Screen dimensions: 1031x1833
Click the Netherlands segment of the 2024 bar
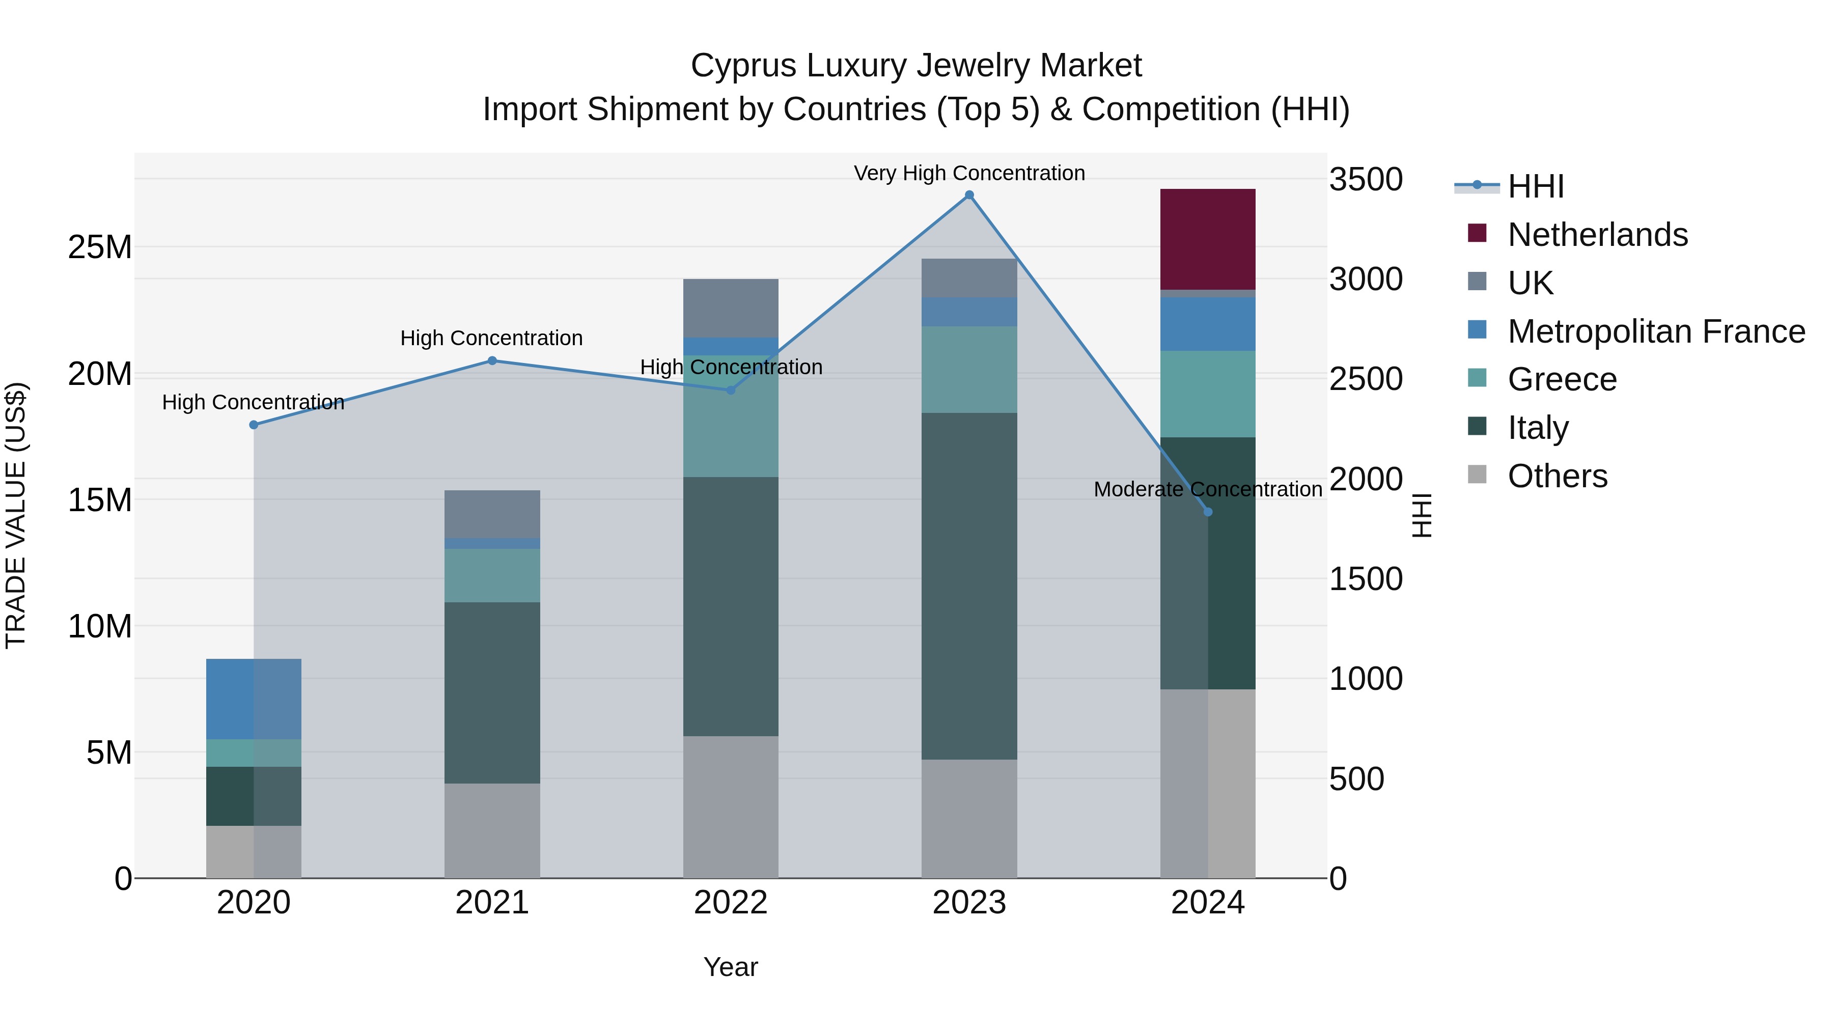[x=1208, y=239]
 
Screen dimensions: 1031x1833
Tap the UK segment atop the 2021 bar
[x=492, y=514]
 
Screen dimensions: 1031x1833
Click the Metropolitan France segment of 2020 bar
[x=254, y=699]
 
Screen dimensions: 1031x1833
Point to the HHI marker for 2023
[x=969, y=195]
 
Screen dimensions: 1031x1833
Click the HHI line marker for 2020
[x=254, y=425]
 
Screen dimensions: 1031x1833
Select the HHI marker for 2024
[x=1208, y=512]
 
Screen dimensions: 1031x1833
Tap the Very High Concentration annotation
[x=969, y=173]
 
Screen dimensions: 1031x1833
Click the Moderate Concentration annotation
[x=1208, y=489]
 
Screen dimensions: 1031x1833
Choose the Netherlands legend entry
[x=1597, y=235]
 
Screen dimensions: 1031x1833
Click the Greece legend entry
[x=1561, y=379]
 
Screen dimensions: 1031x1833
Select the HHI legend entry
[x=1536, y=186]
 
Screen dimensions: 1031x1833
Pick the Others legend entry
[x=1557, y=476]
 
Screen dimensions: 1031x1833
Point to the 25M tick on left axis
[x=100, y=247]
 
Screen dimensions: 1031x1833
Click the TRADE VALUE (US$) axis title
[x=16, y=515]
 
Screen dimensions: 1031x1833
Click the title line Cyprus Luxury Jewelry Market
[x=916, y=66]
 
